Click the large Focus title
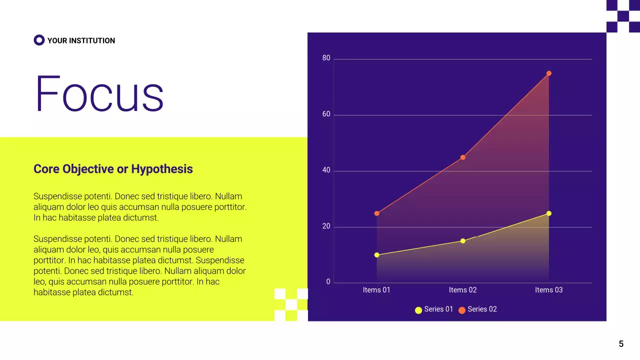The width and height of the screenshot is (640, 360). click(x=99, y=94)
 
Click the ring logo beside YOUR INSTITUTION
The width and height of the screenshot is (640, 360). click(x=39, y=40)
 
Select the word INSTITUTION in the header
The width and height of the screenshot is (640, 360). click(x=92, y=40)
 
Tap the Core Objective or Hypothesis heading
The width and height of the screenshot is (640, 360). click(x=113, y=169)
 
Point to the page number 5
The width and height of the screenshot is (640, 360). click(x=621, y=344)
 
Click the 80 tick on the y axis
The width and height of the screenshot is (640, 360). click(x=326, y=58)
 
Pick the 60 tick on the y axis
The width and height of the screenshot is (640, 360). click(x=326, y=114)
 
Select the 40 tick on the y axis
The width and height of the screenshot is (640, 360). click(x=326, y=170)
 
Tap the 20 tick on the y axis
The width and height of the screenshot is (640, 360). click(x=326, y=226)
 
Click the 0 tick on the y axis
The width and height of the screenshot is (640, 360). click(x=328, y=282)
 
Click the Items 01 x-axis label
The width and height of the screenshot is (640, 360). click(x=376, y=290)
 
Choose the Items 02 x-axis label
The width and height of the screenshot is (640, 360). click(x=462, y=290)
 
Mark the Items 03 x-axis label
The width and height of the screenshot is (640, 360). click(x=548, y=290)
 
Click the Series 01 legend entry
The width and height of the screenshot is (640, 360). click(x=434, y=309)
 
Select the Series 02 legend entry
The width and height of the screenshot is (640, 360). click(x=477, y=309)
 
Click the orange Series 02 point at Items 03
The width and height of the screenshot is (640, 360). click(x=548, y=73)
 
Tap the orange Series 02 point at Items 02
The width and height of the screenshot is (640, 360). click(x=462, y=157)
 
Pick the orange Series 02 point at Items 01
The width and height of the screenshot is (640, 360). click(x=376, y=213)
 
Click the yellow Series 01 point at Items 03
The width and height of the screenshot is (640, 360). click(x=548, y=213)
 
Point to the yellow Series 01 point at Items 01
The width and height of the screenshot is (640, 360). click(x=376, y=255)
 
